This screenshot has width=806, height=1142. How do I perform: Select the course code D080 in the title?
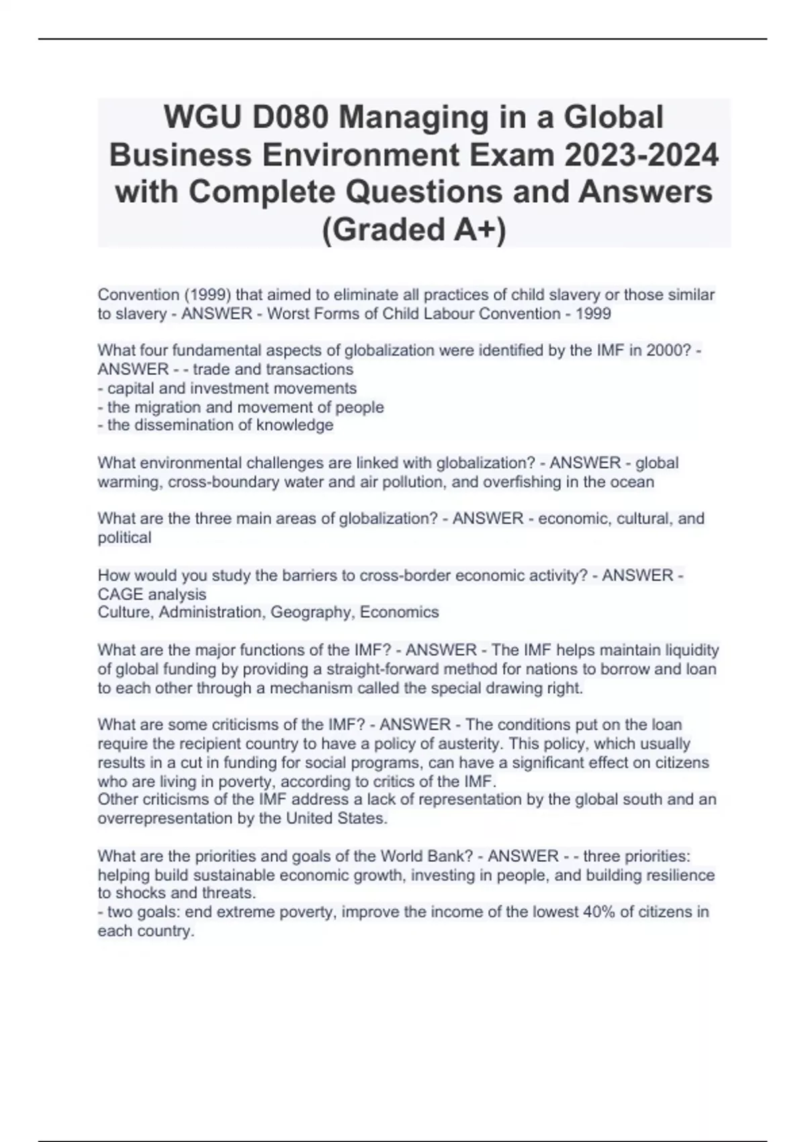coord(292,118)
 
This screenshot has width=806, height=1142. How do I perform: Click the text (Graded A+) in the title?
coord(414,230)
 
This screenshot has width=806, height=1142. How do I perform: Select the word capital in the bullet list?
coord(132,388)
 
